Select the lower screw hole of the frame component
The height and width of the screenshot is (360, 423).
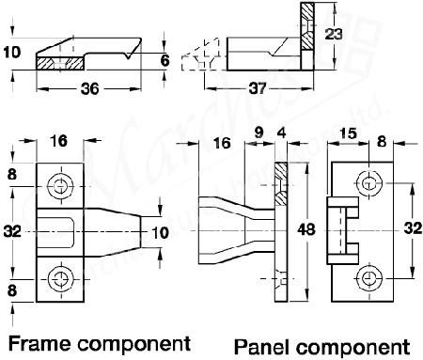62,276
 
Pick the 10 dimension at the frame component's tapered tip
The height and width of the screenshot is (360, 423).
161,230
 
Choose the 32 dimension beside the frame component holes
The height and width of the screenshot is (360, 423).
11,228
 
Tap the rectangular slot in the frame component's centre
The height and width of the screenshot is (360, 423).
62,229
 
